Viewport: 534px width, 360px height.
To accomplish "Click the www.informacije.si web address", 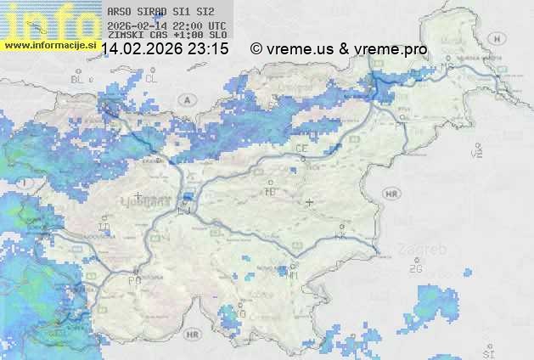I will tap(49, 45).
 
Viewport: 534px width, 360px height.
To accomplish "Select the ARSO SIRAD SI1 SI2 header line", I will tap(156, 13).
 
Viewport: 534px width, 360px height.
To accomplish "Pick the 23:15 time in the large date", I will tap(208, 49).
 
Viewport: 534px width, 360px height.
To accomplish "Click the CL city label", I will tap(152, 78).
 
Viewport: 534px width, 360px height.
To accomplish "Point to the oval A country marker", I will tap(185, 99).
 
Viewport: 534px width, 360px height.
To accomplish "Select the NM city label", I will tap(293, 275).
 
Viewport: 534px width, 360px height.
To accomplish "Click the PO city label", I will tap(133, 279).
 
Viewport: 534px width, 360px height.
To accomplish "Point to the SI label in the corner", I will tap(487, 352).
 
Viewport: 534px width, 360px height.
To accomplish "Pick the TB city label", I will tap(271, 192).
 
